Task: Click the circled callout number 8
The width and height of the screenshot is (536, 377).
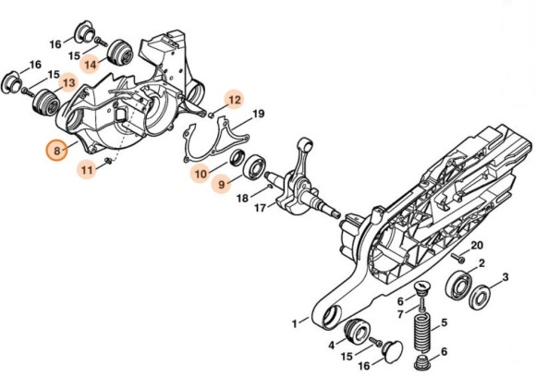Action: (x=57, y=148)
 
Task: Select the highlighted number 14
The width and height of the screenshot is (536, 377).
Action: (x=90, y=64)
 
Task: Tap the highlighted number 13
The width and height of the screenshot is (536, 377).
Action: (x=67, y=83)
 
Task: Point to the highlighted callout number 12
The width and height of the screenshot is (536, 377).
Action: (x=234, y=99)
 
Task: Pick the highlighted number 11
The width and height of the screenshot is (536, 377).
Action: (x=86, y=169)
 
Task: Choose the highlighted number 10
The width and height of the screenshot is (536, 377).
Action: (x=201, y=173)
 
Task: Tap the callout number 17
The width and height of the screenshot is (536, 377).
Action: (x=260, y=209)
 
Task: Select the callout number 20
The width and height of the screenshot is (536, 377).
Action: (x=478, y=245)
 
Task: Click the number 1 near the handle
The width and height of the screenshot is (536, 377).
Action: (x=295, y=323)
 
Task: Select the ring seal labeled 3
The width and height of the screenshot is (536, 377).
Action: (x=481, y=298)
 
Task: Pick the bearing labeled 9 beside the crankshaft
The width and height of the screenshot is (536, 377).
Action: (x=250, y=166)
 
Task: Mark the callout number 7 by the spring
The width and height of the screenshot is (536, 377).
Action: (x=399, y=314)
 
